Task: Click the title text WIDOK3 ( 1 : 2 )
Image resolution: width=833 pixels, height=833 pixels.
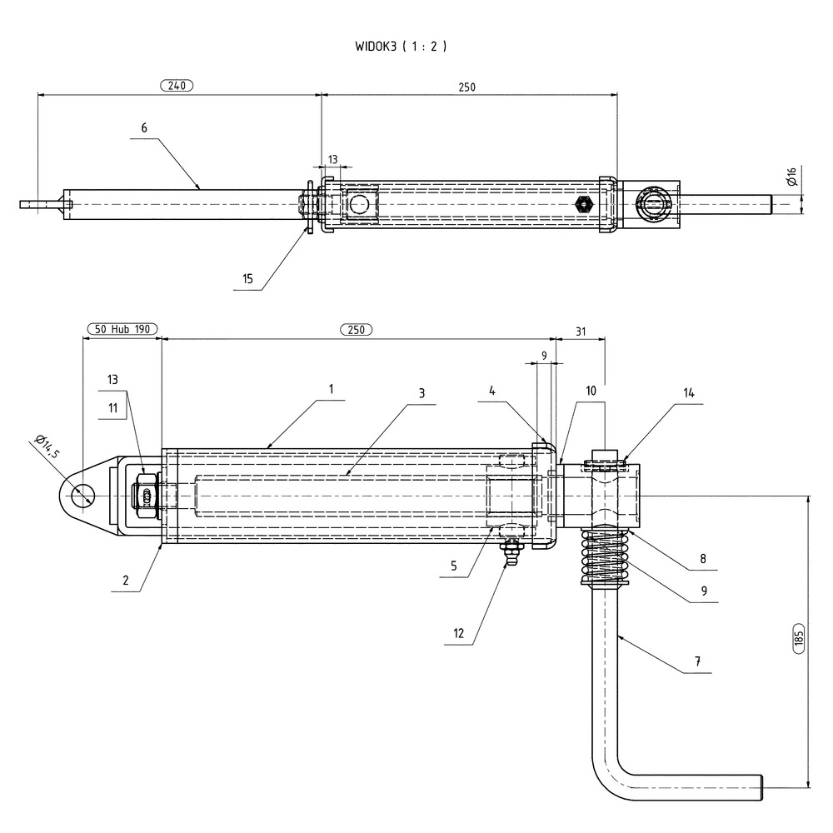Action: click(x=401, y=47)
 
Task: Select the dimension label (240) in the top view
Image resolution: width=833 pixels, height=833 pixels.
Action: click(x=176, y=85)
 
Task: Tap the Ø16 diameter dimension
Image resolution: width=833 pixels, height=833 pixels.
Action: click(x=791, y=177)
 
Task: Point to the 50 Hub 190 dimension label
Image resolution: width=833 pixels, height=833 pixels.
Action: click(x=122, y=330)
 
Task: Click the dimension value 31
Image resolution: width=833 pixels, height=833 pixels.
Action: click(x=581, y=332)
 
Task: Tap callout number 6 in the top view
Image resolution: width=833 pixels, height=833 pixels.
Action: click(x=144, y=127)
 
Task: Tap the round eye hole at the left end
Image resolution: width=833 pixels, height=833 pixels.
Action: click(x=82, y=495)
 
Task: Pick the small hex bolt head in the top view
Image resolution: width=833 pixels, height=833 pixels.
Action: click(x=583, y=202)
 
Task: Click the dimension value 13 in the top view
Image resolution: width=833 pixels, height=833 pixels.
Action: click(x=333, y=159)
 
